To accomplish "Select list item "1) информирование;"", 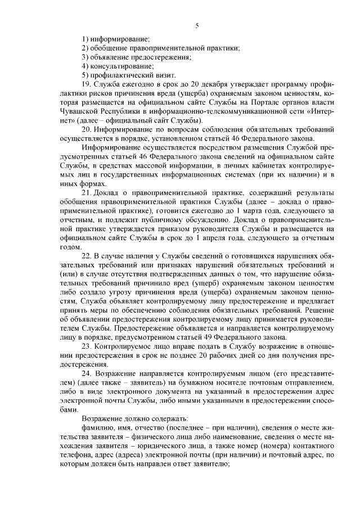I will click(x=115, y=38).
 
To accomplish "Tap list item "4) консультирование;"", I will click(x=118, y=66).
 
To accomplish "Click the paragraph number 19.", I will click(x=86, y=84).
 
